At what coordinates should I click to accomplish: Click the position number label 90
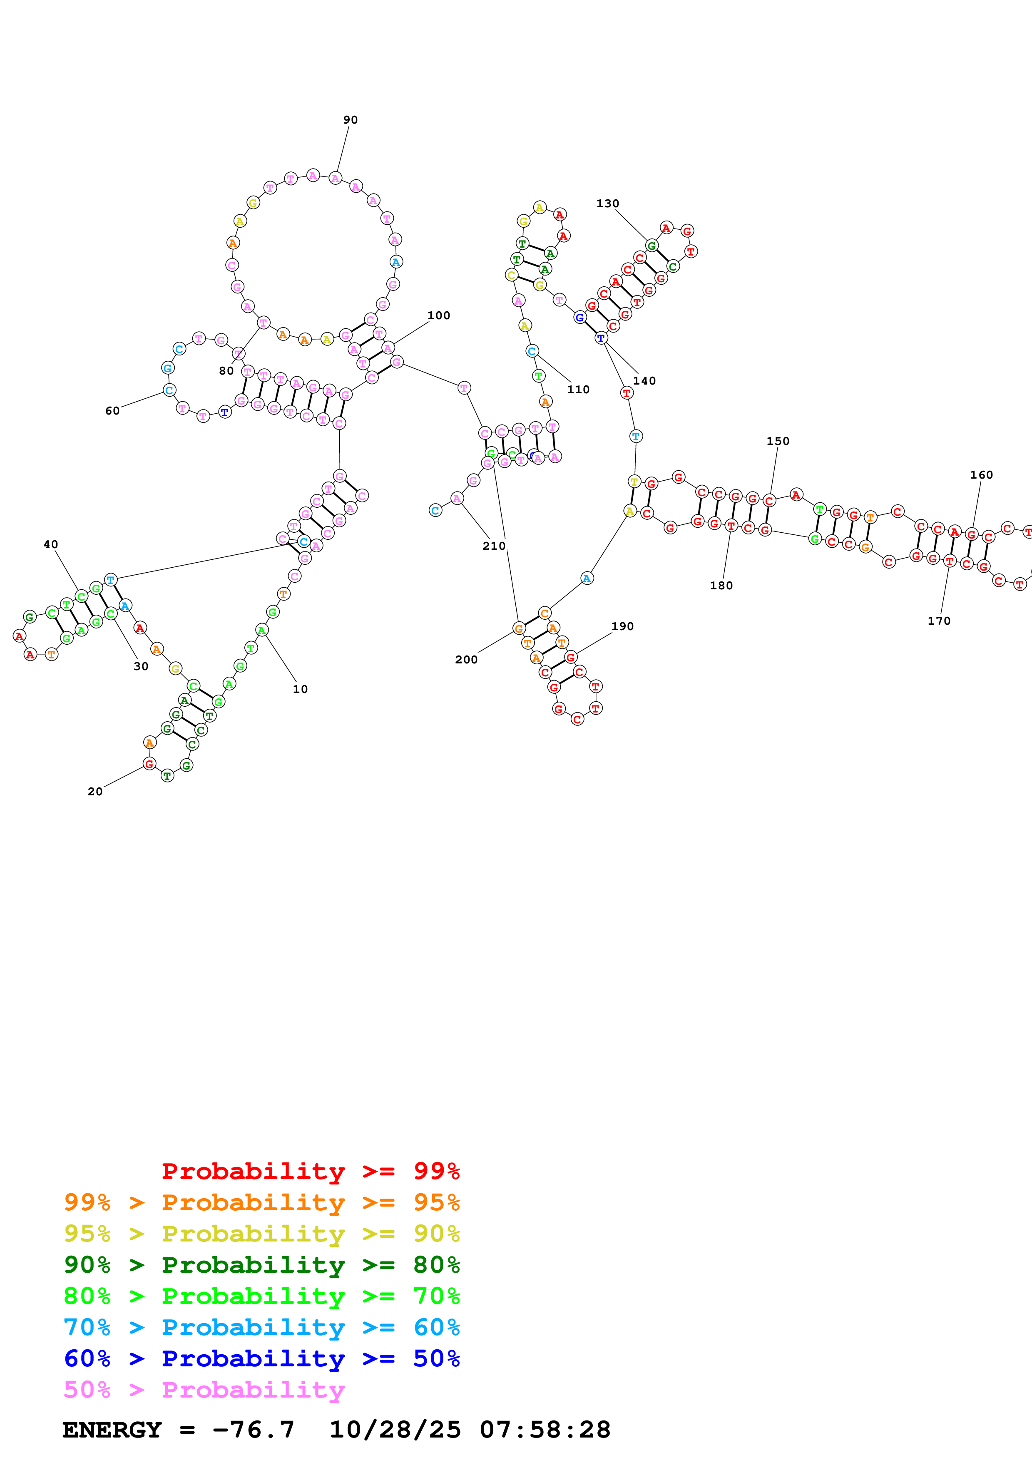click(351, 119)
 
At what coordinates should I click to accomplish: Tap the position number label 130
click(607, 204)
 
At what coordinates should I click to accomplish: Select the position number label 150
click(778, 441)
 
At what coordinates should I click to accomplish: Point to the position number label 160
click(981, 474)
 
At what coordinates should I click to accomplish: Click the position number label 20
click(95, 791)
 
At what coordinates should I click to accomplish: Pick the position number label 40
click(50, 544)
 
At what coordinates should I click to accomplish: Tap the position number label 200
click(466, 659)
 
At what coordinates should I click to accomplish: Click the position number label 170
click(938, 621)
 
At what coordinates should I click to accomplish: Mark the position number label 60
click(112, 411)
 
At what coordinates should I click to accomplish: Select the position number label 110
click(578, 389)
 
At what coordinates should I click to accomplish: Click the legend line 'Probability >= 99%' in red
click(310, 1171)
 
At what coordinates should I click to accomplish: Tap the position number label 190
click(622, 626)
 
